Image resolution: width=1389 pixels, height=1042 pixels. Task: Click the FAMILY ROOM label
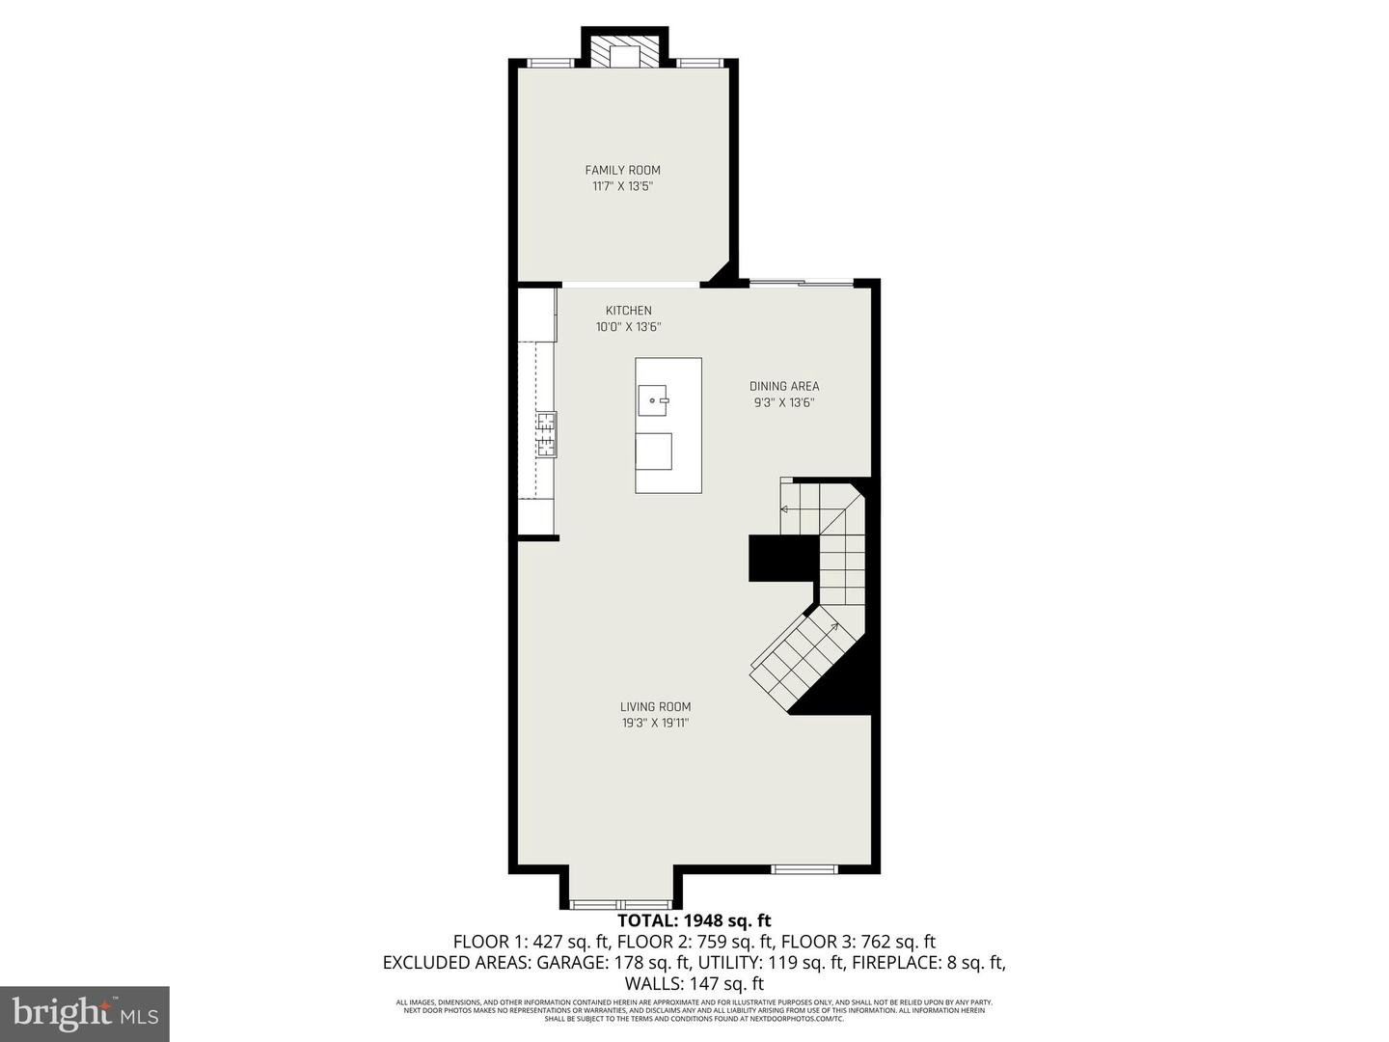tap(622, 170)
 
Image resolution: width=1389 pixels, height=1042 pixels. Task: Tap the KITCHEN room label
tap(628, 311)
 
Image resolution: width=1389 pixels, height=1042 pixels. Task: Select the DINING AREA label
tap(784, 386)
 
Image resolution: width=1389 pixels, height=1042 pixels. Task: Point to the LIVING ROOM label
tap(655, 706)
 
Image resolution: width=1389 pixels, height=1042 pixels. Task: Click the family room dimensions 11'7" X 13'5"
tap(622, 186)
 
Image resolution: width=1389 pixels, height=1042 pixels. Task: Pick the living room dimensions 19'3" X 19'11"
tap(655, 723)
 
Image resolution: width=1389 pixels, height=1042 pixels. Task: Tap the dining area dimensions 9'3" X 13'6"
tap(784, 402)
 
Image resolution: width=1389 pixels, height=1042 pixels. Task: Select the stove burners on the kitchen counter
tap(547, 433)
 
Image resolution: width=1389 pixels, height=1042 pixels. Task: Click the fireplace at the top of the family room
tap(624, 54)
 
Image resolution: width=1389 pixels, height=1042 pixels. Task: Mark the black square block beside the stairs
tap(783, 559)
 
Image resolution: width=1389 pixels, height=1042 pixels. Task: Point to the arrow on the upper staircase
tap(785, 509)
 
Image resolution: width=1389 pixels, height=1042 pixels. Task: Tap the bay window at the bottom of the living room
tap(619, 904)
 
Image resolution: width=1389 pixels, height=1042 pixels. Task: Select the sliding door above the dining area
tap(802, 283)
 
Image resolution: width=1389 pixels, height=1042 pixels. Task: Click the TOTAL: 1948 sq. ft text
tap(694, 920)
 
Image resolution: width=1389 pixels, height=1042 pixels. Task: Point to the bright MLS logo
tap(85, 1013)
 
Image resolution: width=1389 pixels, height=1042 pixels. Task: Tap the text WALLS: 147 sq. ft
tap(694, 984)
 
